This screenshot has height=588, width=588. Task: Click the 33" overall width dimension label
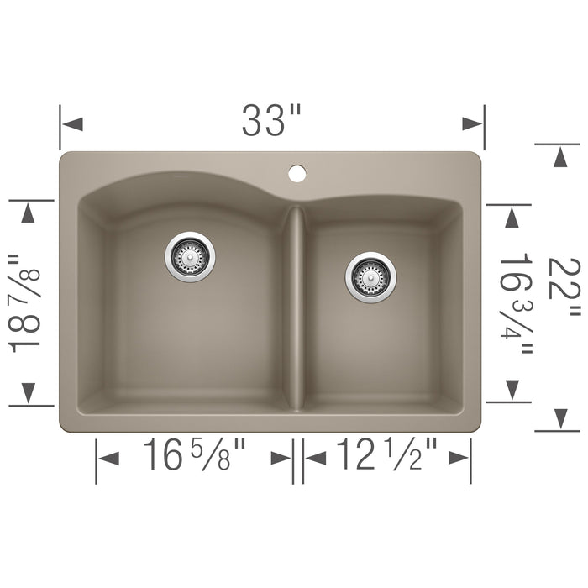[x=270, y=123]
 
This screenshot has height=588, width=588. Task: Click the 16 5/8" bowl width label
[x=194, y=457]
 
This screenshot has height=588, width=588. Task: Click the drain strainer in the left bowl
[x=190, y=256]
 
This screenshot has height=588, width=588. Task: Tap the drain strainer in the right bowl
[x=370, y=276]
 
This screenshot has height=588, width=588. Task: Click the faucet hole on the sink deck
[x=297, y=174]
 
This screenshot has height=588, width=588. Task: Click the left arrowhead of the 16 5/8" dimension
[x=108, y=457]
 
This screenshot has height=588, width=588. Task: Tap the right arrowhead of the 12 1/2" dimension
[x=459, y=457]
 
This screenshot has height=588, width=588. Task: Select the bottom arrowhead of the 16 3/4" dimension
[x=510, y=389]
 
